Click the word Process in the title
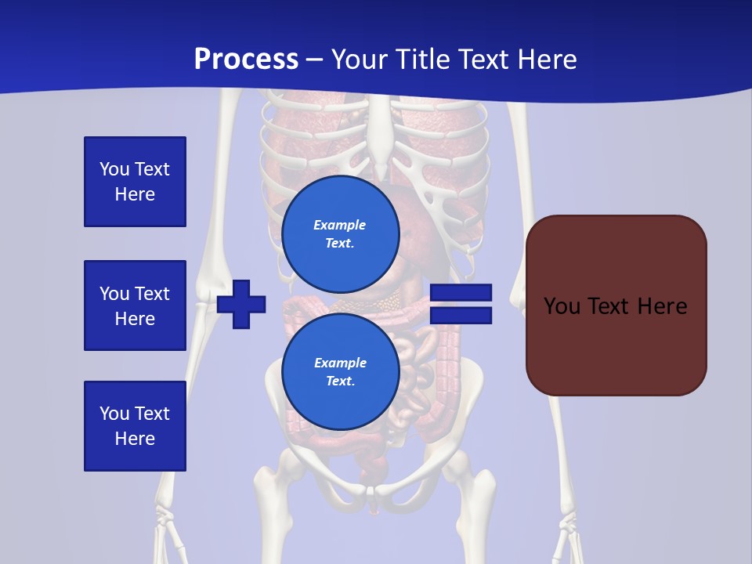(246, 60)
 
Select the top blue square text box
(135, 182)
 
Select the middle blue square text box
(135, 305)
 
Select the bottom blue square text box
(135, 425)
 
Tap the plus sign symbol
(241, 305)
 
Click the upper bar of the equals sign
(461, 294)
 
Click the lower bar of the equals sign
(461, 315)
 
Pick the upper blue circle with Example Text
(340, 234)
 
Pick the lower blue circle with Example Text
(340, 371)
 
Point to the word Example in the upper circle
(339, 225)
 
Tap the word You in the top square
(114, 169)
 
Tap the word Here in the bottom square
(135, 439)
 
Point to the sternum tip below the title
(381, 171)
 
